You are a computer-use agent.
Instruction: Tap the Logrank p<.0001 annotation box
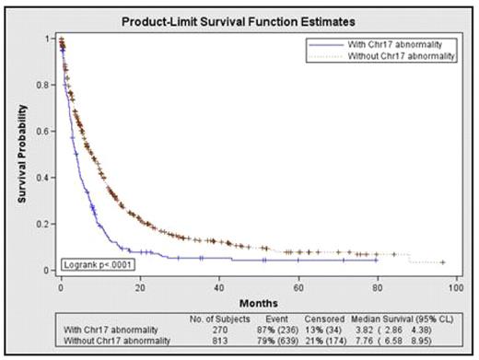point(91,265)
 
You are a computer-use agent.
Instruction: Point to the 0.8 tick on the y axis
point(46,85)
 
